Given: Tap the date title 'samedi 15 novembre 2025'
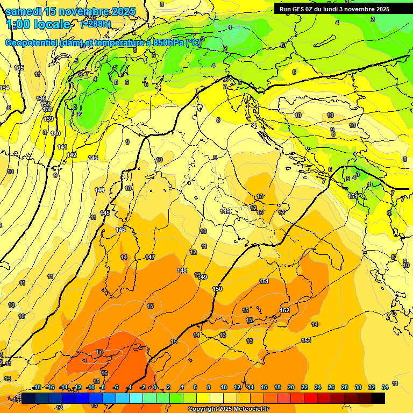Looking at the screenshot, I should (70, 11).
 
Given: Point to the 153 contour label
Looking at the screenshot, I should (306, 340).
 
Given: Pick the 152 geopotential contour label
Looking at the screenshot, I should (285, 310).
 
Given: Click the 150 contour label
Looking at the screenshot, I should (217, 289).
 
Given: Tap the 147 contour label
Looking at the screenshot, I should (150, 258).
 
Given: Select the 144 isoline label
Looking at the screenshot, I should (99, 190).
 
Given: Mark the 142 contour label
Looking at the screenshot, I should (72, 155).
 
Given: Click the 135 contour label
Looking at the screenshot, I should (19, 68).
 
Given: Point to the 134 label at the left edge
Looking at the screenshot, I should (4, 88).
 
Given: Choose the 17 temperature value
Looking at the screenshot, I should (99, 352).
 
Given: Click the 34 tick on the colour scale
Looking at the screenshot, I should (385, 387).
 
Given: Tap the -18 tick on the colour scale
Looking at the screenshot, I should (37, 387).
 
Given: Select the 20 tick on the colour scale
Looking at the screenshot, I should (291, 387).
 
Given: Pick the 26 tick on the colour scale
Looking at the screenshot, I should (331, 387).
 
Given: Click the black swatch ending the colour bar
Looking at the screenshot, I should (378, 398).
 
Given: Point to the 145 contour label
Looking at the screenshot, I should (105, 213).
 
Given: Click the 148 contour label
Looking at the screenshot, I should (182, 270).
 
